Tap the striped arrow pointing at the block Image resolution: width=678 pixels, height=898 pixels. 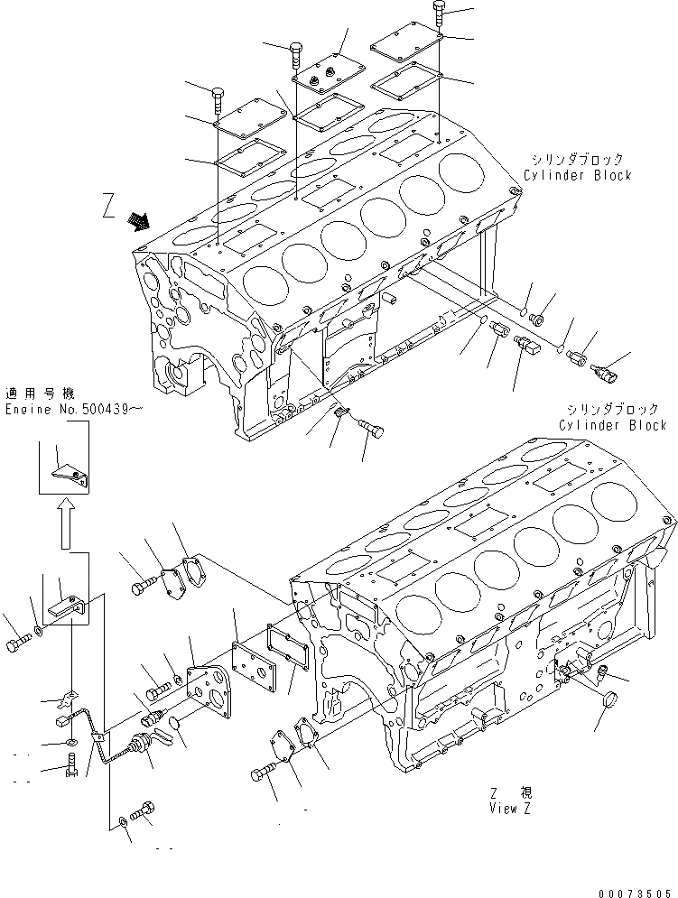[139, 220]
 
